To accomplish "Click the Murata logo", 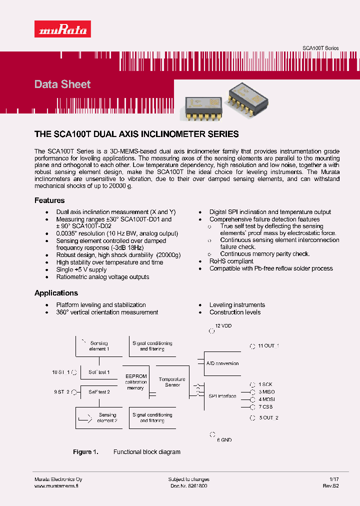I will point(62,29).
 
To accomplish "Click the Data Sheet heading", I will point(62,84).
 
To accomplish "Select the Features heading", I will point(49,200).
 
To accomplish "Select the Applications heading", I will point(56,293).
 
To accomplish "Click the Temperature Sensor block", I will point(172,382).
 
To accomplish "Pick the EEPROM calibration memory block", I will point(135,382).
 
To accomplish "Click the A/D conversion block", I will point(222,363).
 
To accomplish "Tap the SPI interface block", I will point(222,396).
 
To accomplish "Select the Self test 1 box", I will point(99,372).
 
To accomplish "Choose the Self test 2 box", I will point(99,391).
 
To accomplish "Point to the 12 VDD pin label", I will point(223,326).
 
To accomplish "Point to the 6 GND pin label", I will point(224,440).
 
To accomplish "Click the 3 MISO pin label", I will point(266,392).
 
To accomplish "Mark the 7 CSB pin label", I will point(266,407).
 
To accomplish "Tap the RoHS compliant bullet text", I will point(231,261).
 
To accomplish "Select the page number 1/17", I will point(334,479).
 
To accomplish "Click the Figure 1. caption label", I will point(85,452).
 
